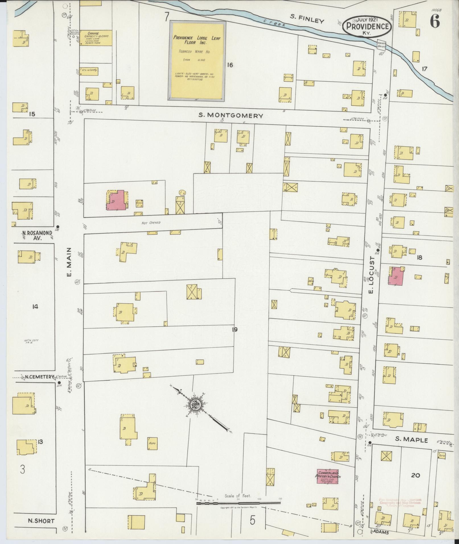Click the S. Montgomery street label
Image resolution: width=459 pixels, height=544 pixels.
[x=230, y=115]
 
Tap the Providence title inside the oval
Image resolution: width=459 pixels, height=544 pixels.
[x=367, y=26]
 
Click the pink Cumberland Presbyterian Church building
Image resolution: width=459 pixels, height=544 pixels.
[x=327, y=476]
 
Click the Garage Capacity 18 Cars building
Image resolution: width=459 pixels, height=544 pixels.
[x=96, y=38]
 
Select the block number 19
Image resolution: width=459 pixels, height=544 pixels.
[x=234, y=330]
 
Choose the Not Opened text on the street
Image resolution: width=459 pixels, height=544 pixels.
[x=151, y=223]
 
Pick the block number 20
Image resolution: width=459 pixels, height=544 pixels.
[x=416, y=475]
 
